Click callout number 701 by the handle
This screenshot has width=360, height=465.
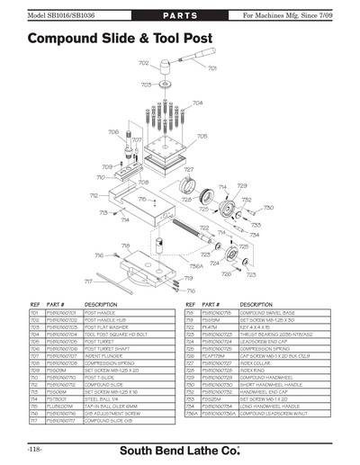(x=212, y=68)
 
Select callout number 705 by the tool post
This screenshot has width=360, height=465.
(x=202, y=137)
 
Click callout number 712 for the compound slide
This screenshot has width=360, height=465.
(x=94, y=195)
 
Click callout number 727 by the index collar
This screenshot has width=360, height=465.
(x=189, y=169)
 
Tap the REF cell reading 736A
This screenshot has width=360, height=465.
(x=192, y=413)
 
